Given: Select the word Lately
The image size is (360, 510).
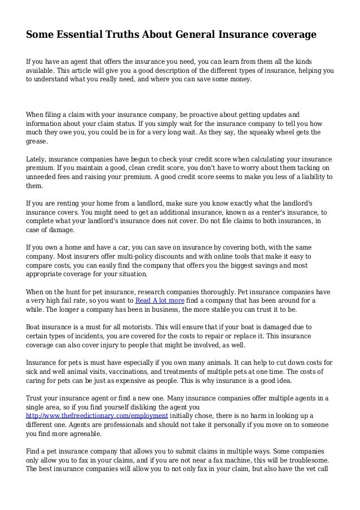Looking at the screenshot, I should tap(39, 159).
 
